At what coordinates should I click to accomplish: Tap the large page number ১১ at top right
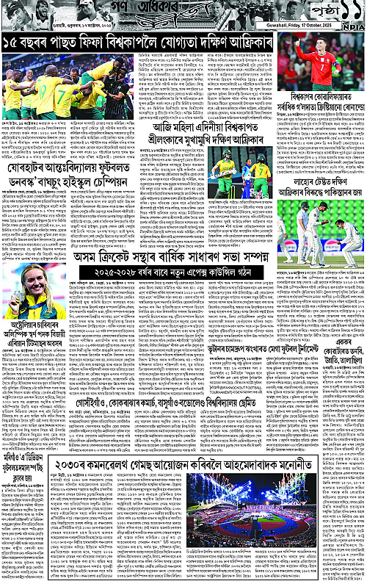[x=344, y=13]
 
